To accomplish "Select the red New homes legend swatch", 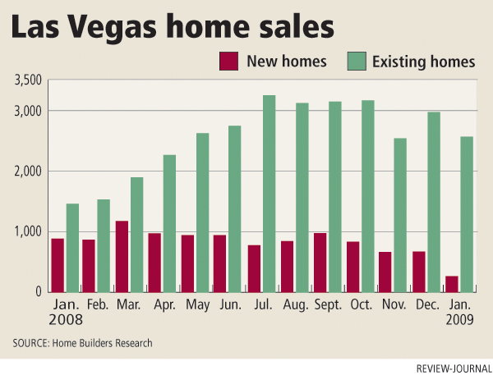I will coord(228,62).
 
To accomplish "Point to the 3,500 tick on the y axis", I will coord(29,80).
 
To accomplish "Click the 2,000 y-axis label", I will coord(29,171).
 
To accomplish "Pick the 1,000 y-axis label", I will coord(29,231).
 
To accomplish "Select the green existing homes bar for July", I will coord(269,194).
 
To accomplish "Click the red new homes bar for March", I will coord(122,256).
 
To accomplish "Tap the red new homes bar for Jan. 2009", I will coord(451,284).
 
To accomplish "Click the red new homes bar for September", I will coord(320,262).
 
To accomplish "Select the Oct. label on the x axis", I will coord(361,304).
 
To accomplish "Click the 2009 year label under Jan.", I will coord(458,320).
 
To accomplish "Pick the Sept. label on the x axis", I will coord(327,304).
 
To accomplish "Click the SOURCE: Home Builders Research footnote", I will coord(82,342).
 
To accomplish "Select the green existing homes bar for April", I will coord(169,223).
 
